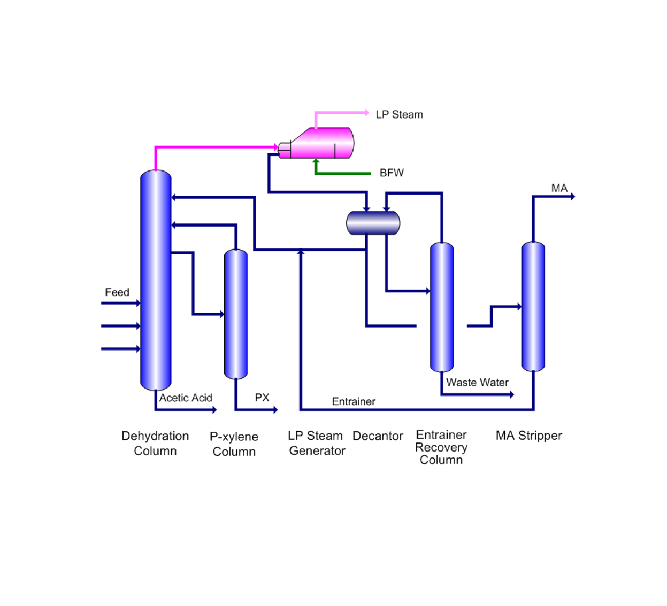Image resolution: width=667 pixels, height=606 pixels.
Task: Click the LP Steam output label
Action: coord(399,115)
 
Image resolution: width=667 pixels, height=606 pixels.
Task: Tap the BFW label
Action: coord(392,173)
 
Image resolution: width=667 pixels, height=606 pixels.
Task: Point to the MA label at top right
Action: coord(559,188)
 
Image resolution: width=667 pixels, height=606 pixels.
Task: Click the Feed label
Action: coord(117,292)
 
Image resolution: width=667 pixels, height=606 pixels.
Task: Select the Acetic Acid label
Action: coord(186,398)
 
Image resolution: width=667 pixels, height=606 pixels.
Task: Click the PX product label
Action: coord(262,398)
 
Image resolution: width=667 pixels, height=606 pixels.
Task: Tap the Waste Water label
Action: coord(477,383)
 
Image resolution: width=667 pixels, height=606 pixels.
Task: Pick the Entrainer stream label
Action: coord(354,402)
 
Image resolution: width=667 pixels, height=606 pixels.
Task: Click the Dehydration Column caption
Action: coord(155,444)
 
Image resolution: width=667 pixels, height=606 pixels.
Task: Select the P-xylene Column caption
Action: coord(234,444)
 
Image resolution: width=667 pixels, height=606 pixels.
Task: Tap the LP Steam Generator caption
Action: coord(316,444)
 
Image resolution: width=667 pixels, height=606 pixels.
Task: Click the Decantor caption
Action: coord(378,436)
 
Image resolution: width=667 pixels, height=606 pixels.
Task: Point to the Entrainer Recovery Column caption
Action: coord(441,447)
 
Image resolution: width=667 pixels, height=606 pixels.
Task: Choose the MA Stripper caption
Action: coord(528,436)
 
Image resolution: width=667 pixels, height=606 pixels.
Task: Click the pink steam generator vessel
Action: coord(321,143)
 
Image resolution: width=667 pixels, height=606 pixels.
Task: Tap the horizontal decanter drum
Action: coord(373,223)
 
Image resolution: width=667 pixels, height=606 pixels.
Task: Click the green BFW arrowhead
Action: coord(316,161)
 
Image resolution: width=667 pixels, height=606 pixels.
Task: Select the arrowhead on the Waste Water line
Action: coord(511,395)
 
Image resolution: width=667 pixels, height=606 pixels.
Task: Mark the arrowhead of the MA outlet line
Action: coord(572,197)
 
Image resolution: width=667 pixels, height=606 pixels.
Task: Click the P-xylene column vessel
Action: coord(235,314)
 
